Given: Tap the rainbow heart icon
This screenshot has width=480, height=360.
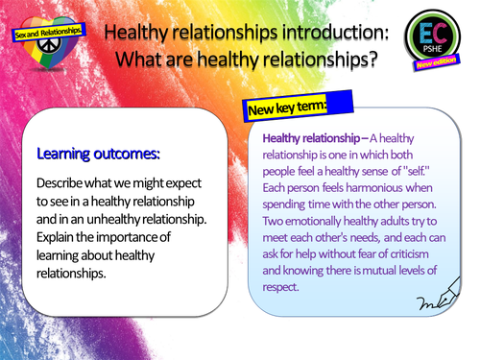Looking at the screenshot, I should click(45, 47).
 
